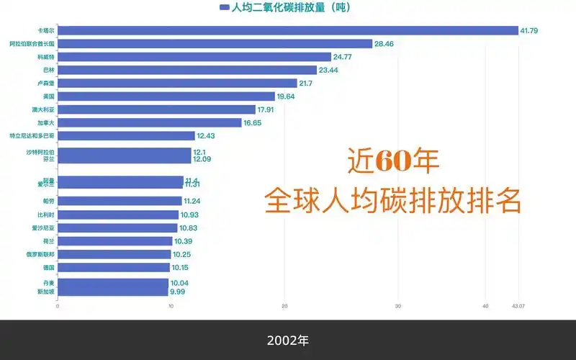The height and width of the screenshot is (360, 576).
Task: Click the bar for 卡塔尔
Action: point(288,31)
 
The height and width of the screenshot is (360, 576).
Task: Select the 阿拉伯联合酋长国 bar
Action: point(215,44)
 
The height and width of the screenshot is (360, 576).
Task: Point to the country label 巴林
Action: point(48,70)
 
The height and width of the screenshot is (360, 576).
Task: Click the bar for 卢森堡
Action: point(177,83)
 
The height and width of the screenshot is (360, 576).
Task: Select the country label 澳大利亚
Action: point(43,109)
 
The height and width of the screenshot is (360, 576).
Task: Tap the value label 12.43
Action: point(207,136)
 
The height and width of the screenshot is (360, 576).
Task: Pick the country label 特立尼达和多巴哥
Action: point(32,135)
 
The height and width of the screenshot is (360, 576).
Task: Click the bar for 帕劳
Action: point(120,201)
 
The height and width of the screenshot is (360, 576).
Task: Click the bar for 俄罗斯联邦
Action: point(114,254)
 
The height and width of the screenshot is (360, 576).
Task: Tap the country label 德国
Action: point(48,267)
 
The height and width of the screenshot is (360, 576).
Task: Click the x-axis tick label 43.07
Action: point(518,306)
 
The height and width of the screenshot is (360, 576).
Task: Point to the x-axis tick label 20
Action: point(284,306)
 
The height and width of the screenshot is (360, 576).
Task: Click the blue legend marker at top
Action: point(224,8)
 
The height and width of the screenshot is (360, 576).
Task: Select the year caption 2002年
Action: point(287,340)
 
